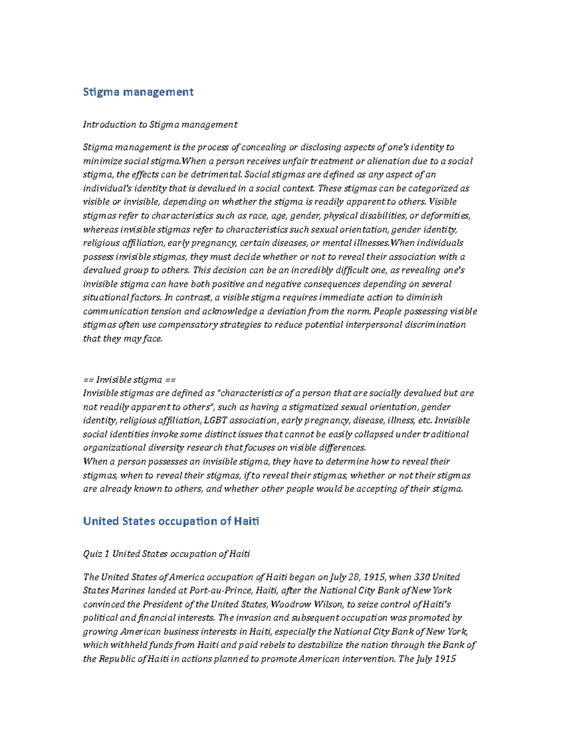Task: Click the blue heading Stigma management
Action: tap(138, 92)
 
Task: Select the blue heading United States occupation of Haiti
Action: tap(171, 521)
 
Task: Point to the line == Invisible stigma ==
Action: tap(129, 379)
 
